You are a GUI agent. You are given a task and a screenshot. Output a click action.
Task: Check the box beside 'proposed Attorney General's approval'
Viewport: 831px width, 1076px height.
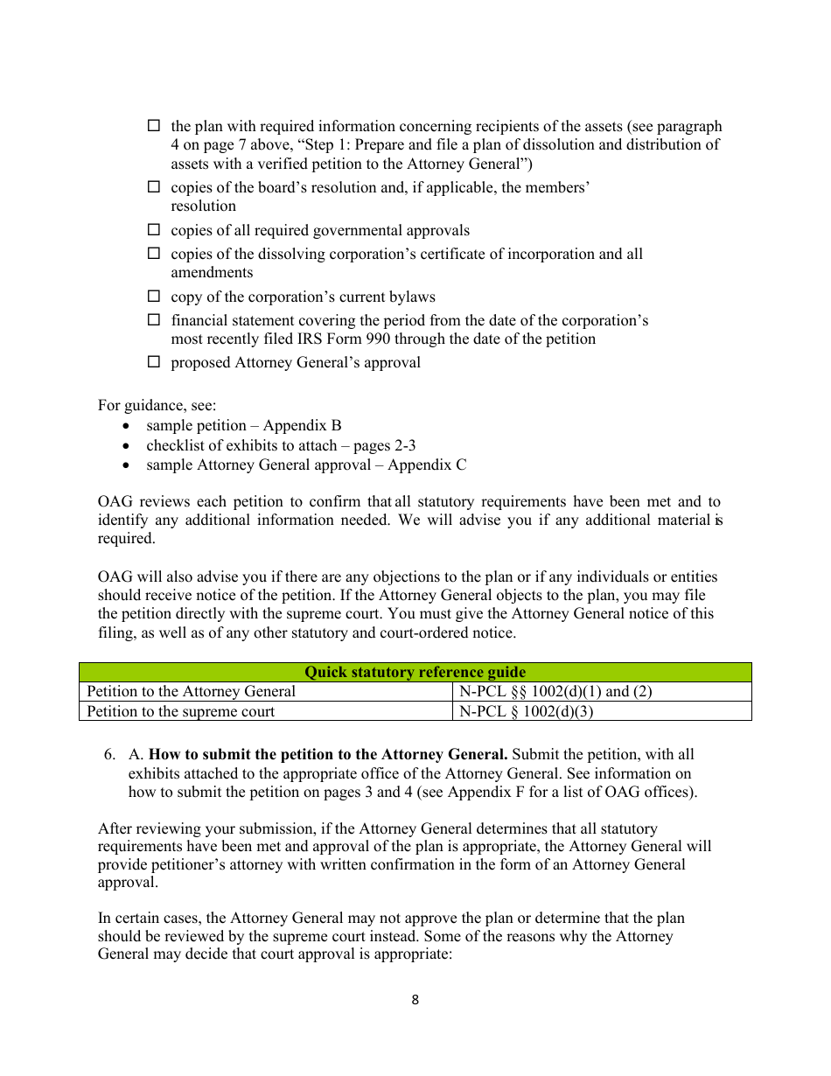point(154,361)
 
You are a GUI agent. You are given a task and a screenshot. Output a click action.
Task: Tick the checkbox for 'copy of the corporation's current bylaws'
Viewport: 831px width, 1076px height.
point(154,296)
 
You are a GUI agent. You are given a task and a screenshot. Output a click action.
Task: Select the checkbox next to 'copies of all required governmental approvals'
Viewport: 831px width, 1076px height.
point(154,229)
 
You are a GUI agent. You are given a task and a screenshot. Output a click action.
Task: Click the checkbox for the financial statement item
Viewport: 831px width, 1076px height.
point(154,319)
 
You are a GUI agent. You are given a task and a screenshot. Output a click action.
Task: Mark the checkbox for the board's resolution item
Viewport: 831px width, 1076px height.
point(154,186)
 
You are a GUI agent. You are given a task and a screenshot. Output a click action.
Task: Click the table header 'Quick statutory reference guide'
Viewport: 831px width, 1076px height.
point(415,672)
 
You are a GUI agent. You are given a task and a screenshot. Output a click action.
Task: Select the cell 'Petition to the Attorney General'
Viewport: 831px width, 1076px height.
point(191,691)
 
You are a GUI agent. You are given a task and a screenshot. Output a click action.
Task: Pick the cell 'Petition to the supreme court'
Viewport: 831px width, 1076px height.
point(180,711)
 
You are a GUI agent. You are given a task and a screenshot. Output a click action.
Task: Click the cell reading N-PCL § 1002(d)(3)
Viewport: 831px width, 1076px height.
point(527,711)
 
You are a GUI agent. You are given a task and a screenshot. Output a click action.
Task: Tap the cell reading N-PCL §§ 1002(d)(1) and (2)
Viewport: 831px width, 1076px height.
point(555,691)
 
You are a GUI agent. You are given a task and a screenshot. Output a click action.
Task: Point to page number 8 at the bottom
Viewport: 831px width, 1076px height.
point(415,1000)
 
